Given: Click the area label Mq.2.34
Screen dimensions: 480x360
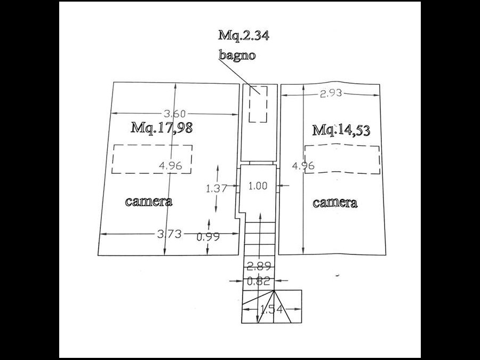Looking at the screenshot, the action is (244, 35).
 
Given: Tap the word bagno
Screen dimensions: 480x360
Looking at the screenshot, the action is (237, 55).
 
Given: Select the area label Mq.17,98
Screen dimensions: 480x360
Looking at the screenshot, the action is (162, 127).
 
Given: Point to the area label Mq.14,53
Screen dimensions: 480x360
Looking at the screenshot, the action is (341, 130).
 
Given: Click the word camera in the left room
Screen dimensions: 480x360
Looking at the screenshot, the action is (149, 202).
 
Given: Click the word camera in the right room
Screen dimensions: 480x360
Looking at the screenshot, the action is (335, 203).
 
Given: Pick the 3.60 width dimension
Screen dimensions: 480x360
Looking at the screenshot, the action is (174, 114).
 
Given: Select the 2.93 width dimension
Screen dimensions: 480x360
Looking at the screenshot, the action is (331, 93).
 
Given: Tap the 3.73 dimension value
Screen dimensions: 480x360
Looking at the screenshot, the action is (169, 234).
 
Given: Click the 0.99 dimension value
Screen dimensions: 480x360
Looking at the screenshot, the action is (208, 237).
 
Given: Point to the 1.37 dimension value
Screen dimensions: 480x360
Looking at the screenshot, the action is (217, 188).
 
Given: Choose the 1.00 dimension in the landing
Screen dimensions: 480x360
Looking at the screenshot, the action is (258, 186).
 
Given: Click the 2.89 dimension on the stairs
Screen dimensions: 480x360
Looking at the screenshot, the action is (259, 267).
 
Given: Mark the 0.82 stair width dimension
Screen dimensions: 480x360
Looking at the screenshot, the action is (258, 281).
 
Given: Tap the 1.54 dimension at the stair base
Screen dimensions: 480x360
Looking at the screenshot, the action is (271, 309).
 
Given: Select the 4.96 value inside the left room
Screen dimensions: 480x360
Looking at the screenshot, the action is (171, 166).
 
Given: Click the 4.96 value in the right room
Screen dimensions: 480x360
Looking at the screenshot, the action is (303, 166).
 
